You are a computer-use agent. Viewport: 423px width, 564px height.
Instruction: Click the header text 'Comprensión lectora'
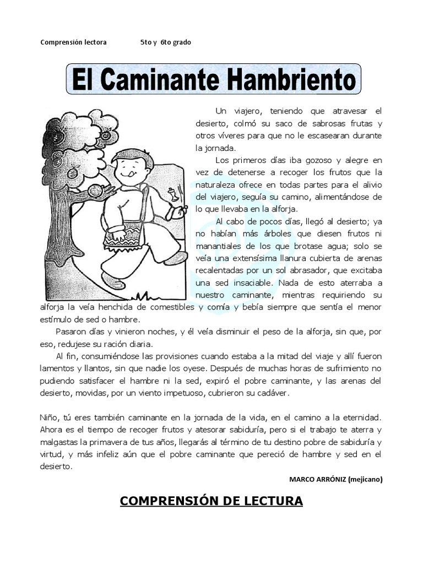pos(73,42)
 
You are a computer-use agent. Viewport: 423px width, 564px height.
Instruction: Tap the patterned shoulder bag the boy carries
pos(123,235)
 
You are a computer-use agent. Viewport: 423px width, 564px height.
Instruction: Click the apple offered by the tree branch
pos(95,191)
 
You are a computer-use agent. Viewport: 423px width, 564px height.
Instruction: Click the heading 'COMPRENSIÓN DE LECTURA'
pos(211,501)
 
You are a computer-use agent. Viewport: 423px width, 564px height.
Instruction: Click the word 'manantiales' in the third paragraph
pos(219,246)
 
